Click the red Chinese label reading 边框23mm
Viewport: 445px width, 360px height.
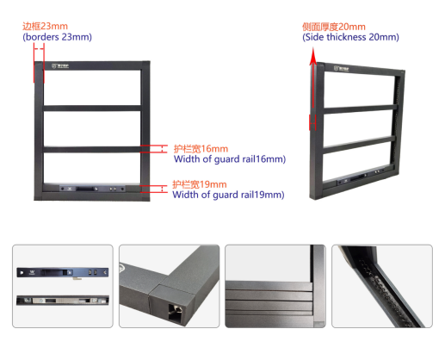[45, 26]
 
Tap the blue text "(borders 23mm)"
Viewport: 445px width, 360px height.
[57, 37]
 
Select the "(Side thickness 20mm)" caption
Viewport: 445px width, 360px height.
[350, 37]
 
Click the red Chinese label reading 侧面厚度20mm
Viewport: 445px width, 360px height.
[334, 27]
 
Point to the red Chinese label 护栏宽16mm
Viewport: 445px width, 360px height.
[201, 149]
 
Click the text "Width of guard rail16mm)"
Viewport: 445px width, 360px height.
[230, 159]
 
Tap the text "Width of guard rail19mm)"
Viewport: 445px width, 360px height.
[228, 195]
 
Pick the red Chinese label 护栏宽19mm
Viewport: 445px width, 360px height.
[199, 184]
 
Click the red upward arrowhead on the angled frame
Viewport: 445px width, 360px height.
[313, 56]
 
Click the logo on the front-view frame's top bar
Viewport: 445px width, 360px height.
[60, 65]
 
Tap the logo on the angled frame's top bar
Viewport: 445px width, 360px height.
[341, 69]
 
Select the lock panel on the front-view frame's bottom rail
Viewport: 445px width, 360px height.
[92, 189]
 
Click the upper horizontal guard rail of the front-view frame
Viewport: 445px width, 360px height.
[92, 109]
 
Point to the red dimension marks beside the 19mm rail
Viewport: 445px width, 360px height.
[154, 189]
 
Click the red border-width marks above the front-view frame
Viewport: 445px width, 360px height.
[39, 63]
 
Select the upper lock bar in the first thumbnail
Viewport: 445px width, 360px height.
[63, 272]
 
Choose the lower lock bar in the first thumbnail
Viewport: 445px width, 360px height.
[63, 301]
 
